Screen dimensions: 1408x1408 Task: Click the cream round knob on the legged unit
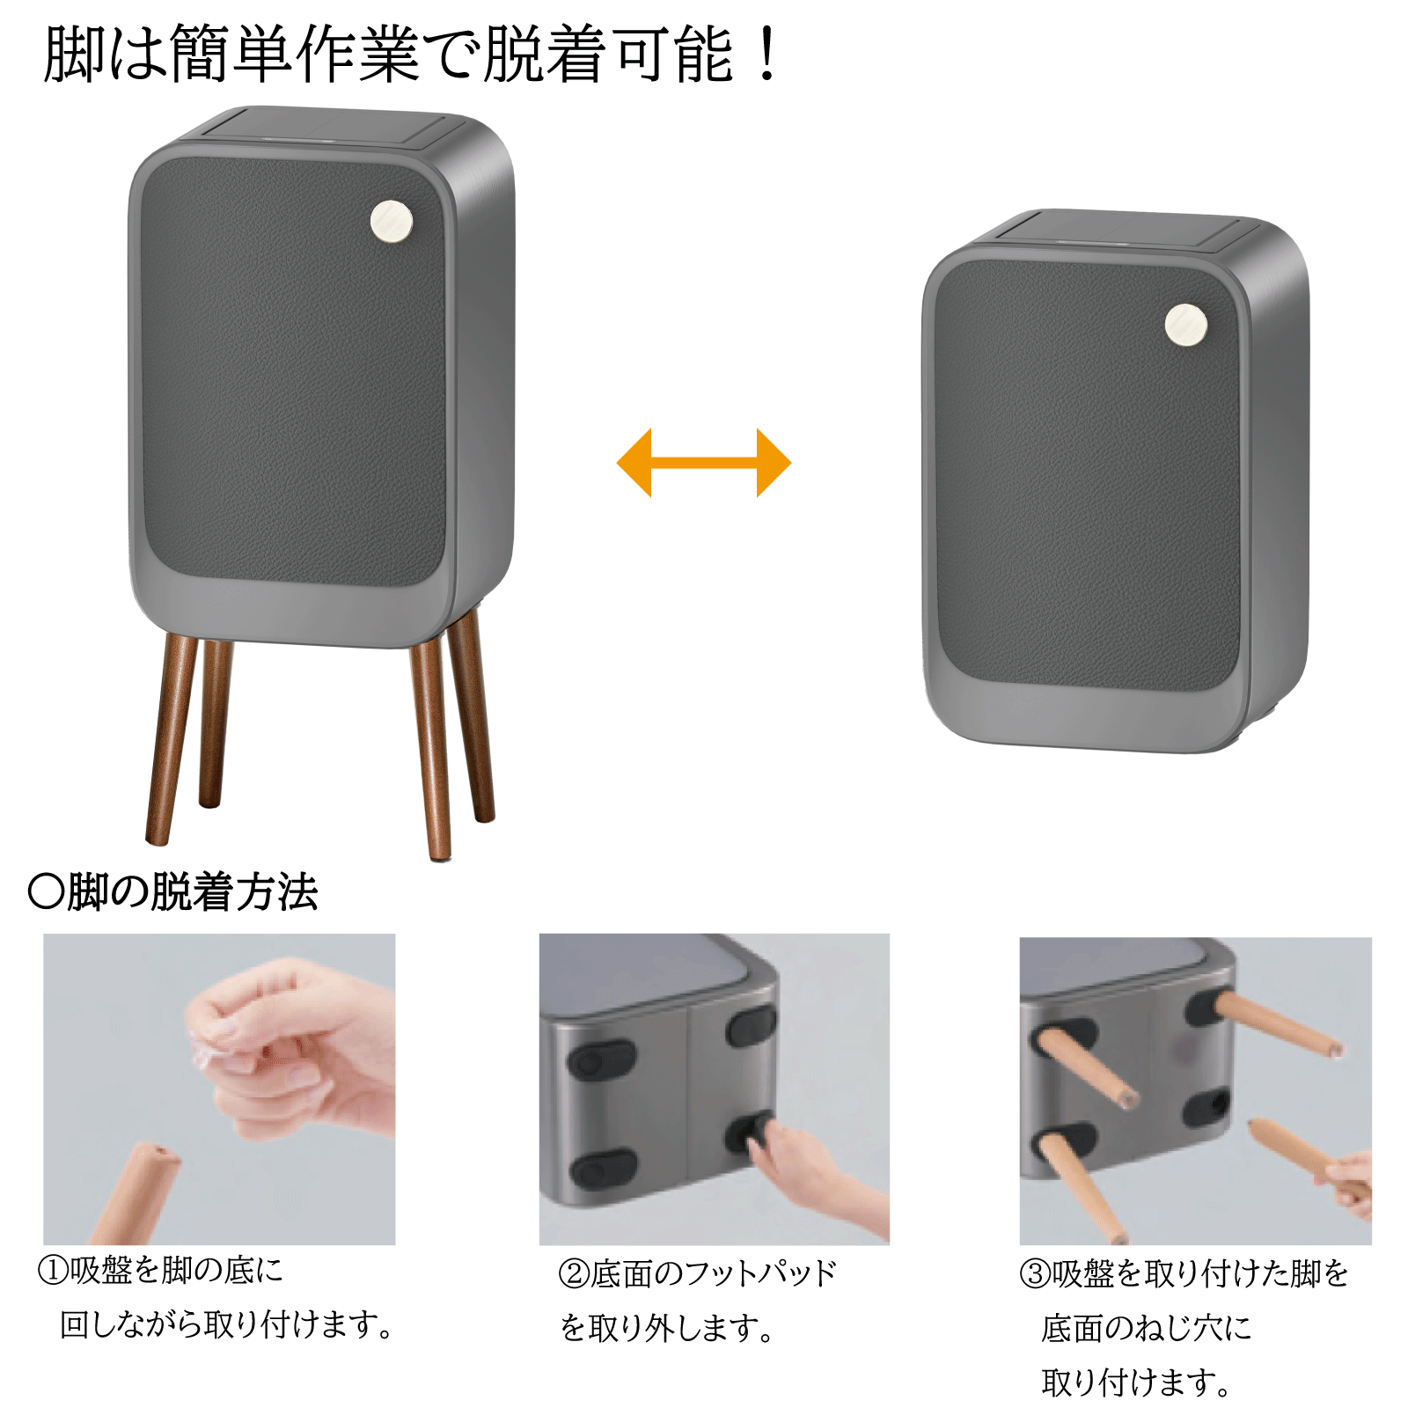392,221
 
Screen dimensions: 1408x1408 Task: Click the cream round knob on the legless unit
1186,325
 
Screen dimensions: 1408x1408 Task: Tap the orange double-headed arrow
704,463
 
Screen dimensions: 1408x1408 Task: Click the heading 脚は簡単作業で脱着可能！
412,55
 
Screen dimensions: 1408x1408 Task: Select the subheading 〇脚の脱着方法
172,891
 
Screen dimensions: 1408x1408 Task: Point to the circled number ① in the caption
53,1271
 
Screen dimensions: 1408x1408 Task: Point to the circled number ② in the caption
574,1273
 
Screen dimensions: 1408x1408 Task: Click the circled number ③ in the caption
1035,1273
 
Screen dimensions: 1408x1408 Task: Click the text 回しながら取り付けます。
226,1324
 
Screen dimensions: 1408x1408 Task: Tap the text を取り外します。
667,1327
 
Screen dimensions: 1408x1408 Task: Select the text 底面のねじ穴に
1147,1327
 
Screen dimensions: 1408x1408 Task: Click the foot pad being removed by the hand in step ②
750,1133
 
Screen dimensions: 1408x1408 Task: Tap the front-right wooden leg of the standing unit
431,748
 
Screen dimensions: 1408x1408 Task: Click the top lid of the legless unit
1126,231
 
